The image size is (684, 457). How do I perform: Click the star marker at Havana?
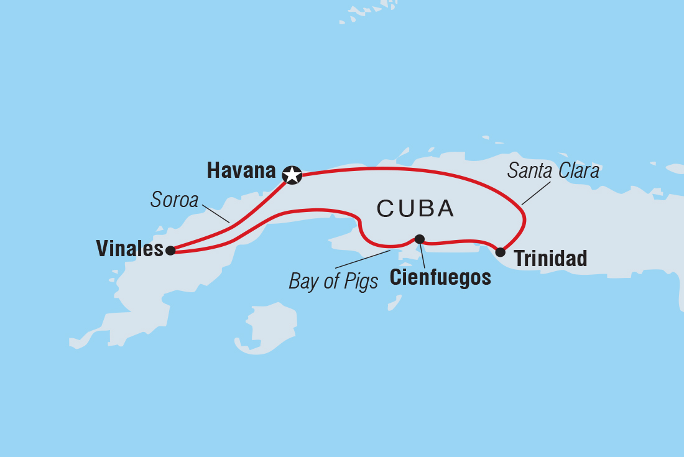point(292,175)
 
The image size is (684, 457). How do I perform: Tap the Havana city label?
point(241,171)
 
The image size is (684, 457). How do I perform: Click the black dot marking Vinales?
point(170,251)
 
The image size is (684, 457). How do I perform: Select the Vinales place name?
point(129,249)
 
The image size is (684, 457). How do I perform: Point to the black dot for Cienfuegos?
point(420,239)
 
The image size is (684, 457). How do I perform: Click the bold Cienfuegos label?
point(440,277)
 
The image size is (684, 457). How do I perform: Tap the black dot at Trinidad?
point(500,252)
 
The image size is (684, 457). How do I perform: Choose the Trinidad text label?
point(551,259)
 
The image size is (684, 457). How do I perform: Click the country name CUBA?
point(415,210)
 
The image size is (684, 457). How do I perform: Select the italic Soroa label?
point(174,200)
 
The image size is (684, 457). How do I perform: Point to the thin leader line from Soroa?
point(216,214)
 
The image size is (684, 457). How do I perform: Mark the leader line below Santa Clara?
point(536,193)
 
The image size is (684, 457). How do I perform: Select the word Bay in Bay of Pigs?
point(303,282)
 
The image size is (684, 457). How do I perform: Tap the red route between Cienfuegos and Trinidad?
point(460,241)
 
